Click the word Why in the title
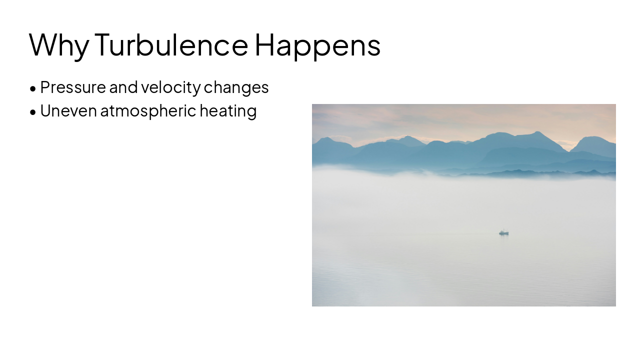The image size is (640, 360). [x=59, y=45]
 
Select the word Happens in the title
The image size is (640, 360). [x=317, y=45]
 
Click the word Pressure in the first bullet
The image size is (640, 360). [x=73, y=87]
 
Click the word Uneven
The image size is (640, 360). [x=68, y=110]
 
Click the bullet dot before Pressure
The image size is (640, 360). [x=33, y=89]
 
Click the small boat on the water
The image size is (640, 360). [x=504, y=232]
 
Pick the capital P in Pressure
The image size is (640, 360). [x=45, y=87]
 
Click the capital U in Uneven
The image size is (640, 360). [x=45, y=110]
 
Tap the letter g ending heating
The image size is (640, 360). [x=252, y=112]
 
